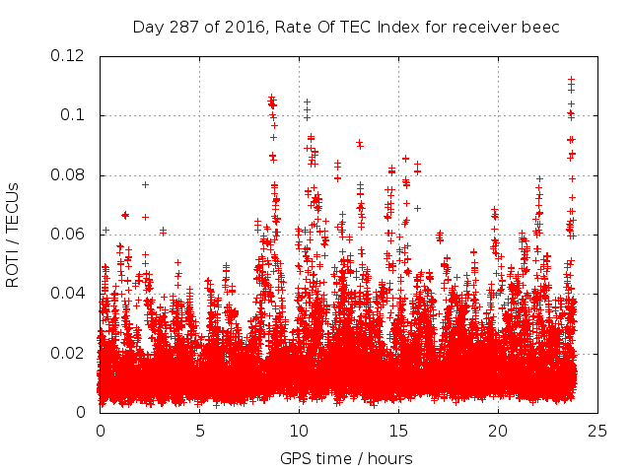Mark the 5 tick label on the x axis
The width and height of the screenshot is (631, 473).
[x=199, y=431]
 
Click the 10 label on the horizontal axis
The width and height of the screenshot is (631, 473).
[x=299, y=431]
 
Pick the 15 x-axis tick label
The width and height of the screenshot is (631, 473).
[x=398, y=431]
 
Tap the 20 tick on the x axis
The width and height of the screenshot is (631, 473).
[x=498, y=431]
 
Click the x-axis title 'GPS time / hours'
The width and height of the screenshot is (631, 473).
[x=346, y=458]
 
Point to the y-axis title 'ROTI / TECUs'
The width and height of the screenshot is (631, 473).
[x=13, y=235]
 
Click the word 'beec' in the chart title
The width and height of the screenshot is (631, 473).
[x=541, y=27]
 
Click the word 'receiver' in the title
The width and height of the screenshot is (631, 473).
[x=488, y=27]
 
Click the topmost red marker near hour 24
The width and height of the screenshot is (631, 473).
[x=571, y=79]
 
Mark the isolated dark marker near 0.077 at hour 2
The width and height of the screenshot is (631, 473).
[x=145, y=184]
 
